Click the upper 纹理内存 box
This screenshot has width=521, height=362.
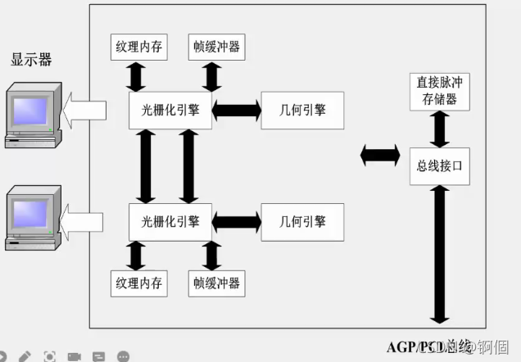coord(138,47)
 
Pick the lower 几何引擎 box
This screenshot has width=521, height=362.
coord(301,221)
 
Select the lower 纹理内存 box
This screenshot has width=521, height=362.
coord(138,283)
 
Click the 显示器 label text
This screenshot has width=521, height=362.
coord(31,59)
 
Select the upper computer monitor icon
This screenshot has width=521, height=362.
coord(33,115)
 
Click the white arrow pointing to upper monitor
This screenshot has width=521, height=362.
coord(84,110)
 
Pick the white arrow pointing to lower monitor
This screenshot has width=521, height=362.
coord(84,221)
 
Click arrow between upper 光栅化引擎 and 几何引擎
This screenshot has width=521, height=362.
coord(236,109)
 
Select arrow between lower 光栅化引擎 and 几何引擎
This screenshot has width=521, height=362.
coord(236,221)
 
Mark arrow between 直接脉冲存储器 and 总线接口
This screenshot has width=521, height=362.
coord(440,128)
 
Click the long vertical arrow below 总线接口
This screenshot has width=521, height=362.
coord(440,254)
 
